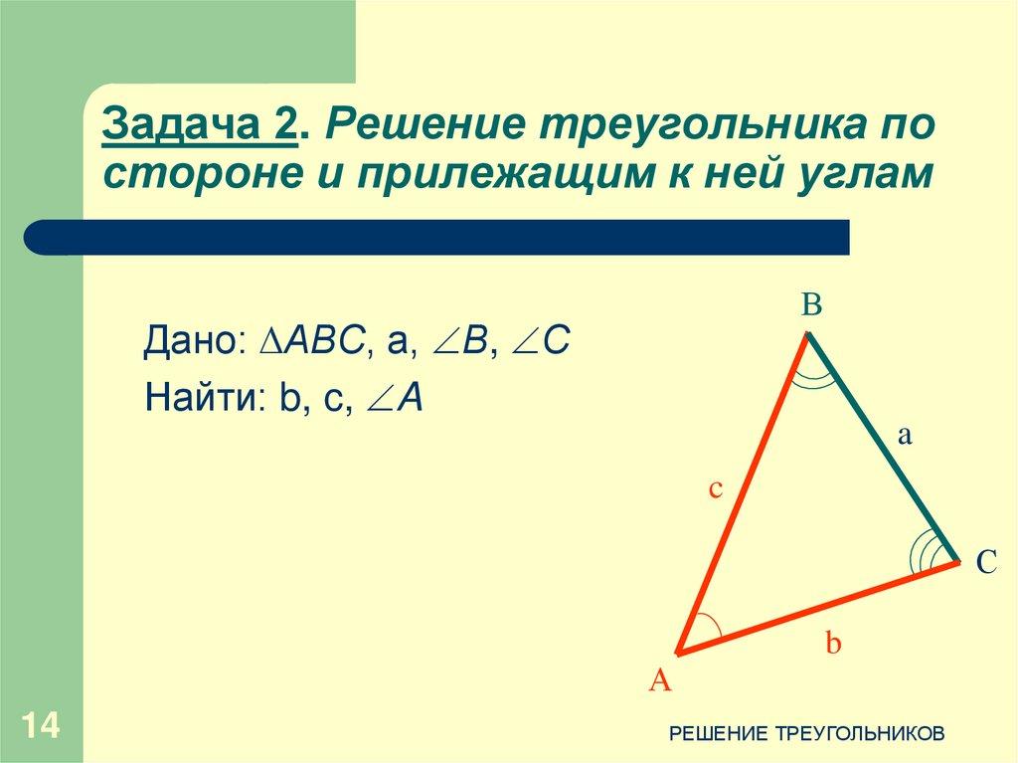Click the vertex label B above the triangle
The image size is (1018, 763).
(x=811, y=305)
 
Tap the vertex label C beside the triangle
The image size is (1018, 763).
(x=985, y=563)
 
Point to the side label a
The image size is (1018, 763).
(x=906, y=435)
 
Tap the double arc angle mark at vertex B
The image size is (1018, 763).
(x=813, y=376)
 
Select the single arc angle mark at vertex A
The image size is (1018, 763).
(x=707, y=629)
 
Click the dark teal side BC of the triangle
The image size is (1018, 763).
(x=883, y=448)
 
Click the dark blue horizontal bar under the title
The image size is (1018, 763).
(x=437, y=238)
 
